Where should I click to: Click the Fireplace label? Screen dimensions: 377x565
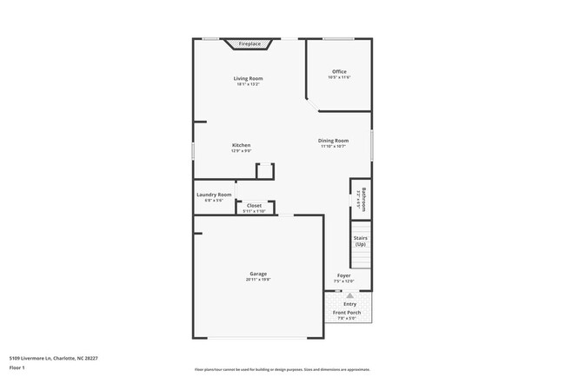pos(249,43)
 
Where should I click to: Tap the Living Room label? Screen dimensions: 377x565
pos(248,78)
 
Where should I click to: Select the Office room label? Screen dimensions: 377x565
pos(339,71)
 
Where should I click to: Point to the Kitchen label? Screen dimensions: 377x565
pos(241,145)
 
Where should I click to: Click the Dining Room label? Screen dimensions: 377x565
pos(334,141)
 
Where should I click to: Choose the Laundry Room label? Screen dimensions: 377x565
pos(214,195)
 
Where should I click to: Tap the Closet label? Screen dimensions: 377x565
pos(254,206)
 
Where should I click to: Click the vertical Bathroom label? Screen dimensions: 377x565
pos(364,199)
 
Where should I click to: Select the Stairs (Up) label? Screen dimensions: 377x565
pos(360,240)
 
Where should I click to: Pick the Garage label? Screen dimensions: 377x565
pos(258,274)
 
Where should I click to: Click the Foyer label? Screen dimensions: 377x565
pos(344,275)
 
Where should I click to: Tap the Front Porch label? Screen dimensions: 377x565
pos(347,313)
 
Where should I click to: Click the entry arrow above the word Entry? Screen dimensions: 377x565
pos(350,295)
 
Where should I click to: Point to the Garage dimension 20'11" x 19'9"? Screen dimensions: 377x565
pos(258,280)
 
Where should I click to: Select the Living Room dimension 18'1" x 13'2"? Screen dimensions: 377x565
pos(248,84)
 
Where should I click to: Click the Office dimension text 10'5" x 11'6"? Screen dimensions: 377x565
pos(339,77)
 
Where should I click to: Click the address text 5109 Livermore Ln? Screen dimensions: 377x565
pos(54,356)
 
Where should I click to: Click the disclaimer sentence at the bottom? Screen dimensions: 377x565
pos(282,369)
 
